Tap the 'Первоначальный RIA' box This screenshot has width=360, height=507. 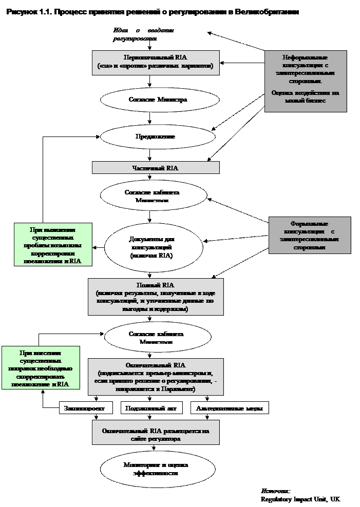tap(156, 62)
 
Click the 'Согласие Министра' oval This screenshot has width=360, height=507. tap(158, 99)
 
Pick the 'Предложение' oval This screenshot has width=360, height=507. tap(158, 136)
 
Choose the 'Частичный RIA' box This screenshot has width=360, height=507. tap(156, 168)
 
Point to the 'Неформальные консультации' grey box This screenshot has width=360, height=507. tap(306, 81)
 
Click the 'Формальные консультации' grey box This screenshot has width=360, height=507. tap(310, 235)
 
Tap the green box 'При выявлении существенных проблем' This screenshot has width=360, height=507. tap(53, 244)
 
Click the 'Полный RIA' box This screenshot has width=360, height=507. tap(156, 297)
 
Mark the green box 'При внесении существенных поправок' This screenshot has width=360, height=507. tap(41, 367)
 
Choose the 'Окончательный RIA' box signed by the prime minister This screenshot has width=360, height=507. tap(156, 377)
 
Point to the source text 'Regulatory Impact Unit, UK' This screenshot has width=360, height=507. tap(300, 499)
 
